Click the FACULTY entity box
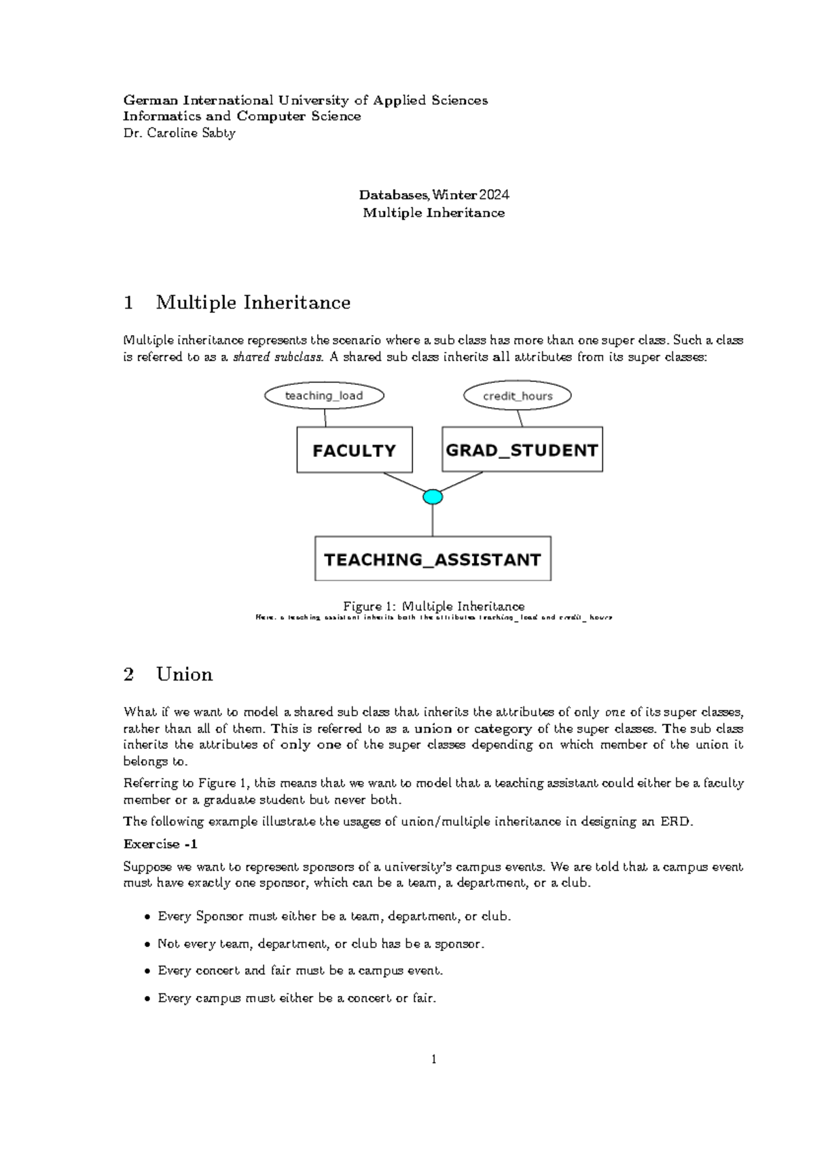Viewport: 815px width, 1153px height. (x=354, y=449)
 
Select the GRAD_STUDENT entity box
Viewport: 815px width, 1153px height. (x=522, y=449)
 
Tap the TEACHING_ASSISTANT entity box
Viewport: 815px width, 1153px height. (x=433, y=559)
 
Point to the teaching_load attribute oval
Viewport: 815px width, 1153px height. (x=324, y=396)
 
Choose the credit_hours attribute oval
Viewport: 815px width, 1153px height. (x=517, y=396)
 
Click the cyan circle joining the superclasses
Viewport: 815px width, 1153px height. (x=433, y=497)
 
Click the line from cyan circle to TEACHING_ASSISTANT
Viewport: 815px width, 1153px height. (x=433, y=520)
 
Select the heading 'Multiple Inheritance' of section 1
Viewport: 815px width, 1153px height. (x=253, y=303)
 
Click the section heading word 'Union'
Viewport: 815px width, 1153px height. (x=184, y=674)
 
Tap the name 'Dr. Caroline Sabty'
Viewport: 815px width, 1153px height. (x=179, y=133)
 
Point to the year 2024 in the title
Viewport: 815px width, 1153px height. (x=494, y=195)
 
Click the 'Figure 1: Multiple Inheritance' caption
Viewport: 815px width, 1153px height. (x=433, y=606)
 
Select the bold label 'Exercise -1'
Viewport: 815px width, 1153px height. (x=160, y=844)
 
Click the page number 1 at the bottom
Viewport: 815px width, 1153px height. (x=433, y=1059)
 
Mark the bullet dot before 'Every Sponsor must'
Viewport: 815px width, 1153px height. (x=147, y=917)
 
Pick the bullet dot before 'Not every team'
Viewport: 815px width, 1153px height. (x=147, y=945)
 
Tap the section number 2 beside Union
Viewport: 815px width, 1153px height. (x=128, y=674)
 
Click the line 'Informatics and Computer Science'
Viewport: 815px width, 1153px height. (x=241, y=116)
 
